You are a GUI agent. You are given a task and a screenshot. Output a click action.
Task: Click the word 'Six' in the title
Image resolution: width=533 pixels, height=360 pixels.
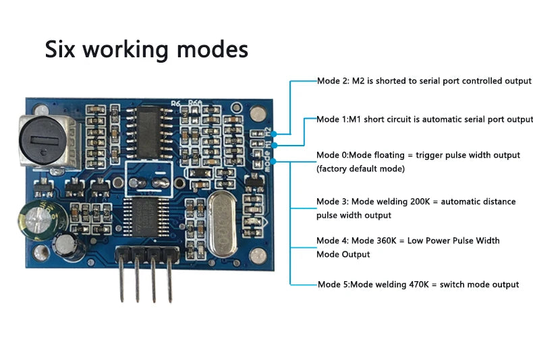click(x=65, y=49)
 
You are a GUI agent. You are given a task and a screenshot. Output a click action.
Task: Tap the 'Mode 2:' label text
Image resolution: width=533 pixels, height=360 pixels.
click(x=333, y=81)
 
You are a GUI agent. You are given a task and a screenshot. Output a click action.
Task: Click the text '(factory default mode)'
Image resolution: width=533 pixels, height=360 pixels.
click(x=360, y=169)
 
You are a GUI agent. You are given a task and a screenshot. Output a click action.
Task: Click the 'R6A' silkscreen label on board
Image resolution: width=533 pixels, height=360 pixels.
click(x=195, y=103)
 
